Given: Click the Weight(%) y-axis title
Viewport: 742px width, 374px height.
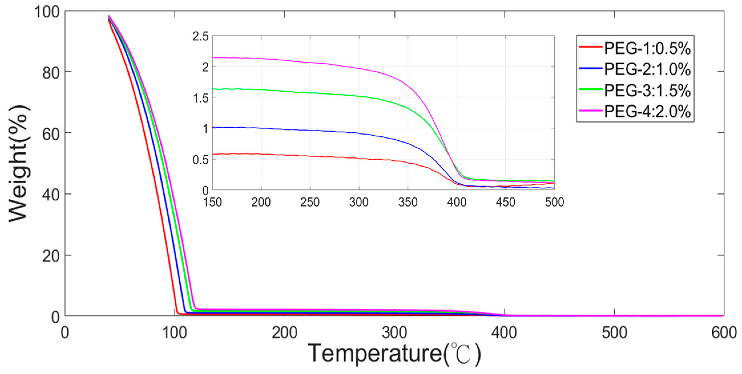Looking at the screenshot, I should point(19,164).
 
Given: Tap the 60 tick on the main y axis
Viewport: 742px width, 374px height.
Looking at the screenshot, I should point(51,134).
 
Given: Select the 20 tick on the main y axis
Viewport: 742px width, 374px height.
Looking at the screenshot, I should point(51,256).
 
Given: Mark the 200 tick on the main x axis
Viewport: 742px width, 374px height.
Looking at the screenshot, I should point(285,333).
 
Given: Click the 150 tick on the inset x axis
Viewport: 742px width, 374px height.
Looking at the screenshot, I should point(213,202).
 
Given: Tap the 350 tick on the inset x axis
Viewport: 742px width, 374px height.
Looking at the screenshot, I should point(408,202).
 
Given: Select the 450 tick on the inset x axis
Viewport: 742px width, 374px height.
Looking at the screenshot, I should point(505,202).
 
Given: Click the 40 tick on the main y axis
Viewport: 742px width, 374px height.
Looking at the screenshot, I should point(51,195).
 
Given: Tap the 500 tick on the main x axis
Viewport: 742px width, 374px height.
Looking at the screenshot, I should point(614,333).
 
